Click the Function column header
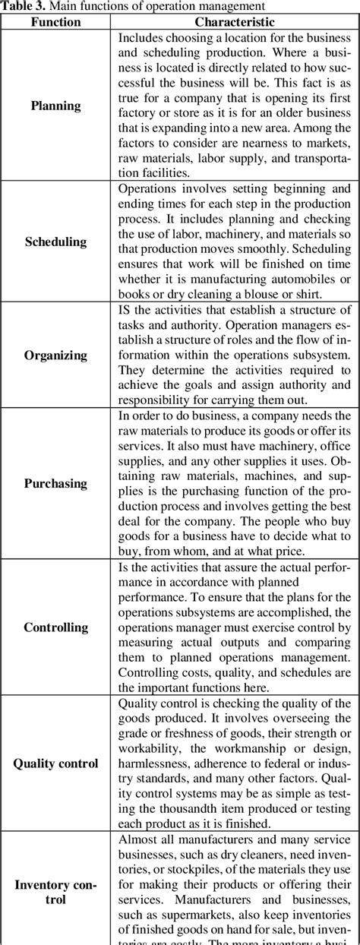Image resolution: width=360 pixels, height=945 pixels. tap(55, 22)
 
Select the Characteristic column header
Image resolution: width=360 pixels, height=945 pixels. tap(234, 22)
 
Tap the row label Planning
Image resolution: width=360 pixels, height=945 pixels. tap(55, 106)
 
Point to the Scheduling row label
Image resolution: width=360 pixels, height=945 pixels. tap(55, 242)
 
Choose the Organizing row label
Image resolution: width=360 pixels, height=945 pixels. tap(55, 355)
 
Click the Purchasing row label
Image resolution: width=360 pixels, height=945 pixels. tap(55, 483)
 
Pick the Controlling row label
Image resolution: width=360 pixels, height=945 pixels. tap(55, 627)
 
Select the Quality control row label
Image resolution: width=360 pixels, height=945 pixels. tap(55, 763)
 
